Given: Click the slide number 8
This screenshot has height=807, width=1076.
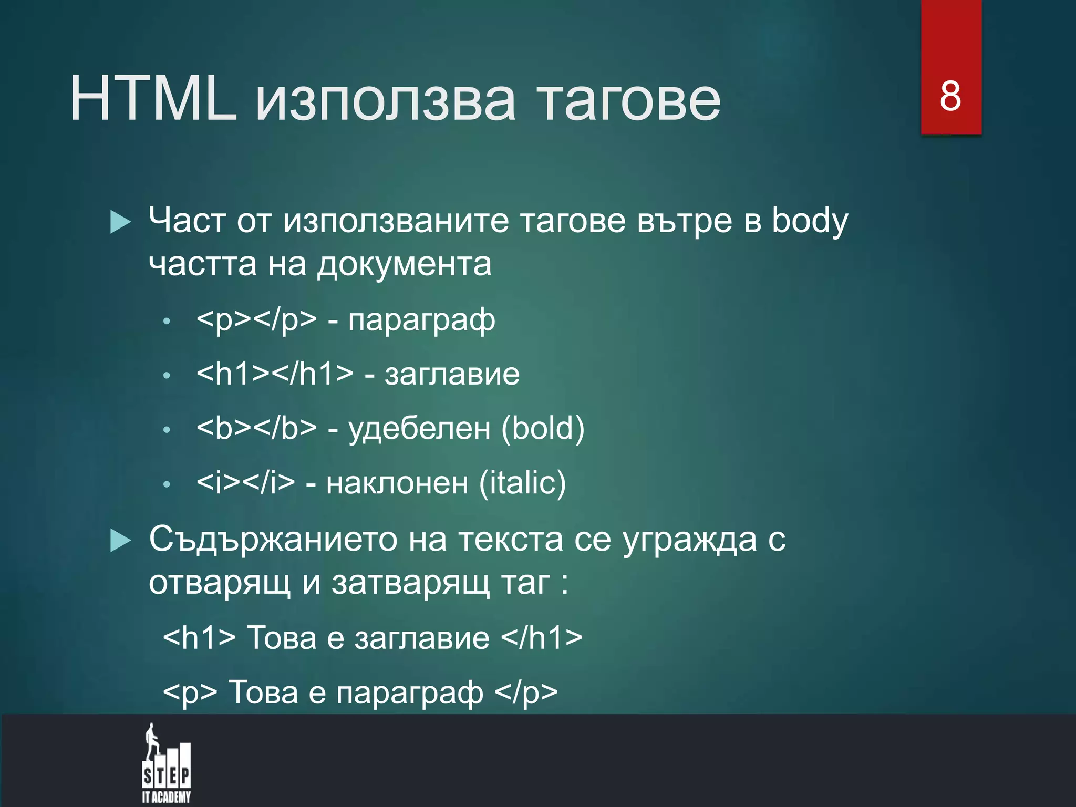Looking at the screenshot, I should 950,97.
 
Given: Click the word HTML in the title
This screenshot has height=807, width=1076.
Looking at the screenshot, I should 153,99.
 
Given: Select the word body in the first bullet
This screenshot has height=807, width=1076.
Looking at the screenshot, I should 810,221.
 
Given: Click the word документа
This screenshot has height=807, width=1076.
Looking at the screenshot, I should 404,264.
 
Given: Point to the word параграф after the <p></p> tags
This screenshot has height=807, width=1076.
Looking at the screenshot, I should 421,320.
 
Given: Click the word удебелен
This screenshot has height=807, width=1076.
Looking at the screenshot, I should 419,428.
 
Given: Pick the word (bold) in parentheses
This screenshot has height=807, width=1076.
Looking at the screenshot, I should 543,428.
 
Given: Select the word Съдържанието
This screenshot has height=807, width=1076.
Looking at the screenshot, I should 273,540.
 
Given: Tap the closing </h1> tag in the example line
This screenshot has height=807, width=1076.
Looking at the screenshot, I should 542,638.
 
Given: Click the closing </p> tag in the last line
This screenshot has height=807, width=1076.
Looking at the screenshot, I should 526,692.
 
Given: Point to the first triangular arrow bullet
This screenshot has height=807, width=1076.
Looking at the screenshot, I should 120,222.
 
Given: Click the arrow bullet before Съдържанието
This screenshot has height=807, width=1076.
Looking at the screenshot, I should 120,541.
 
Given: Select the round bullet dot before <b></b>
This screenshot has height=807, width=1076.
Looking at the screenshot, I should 167,430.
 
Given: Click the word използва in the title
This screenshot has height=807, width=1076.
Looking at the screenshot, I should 385,100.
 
